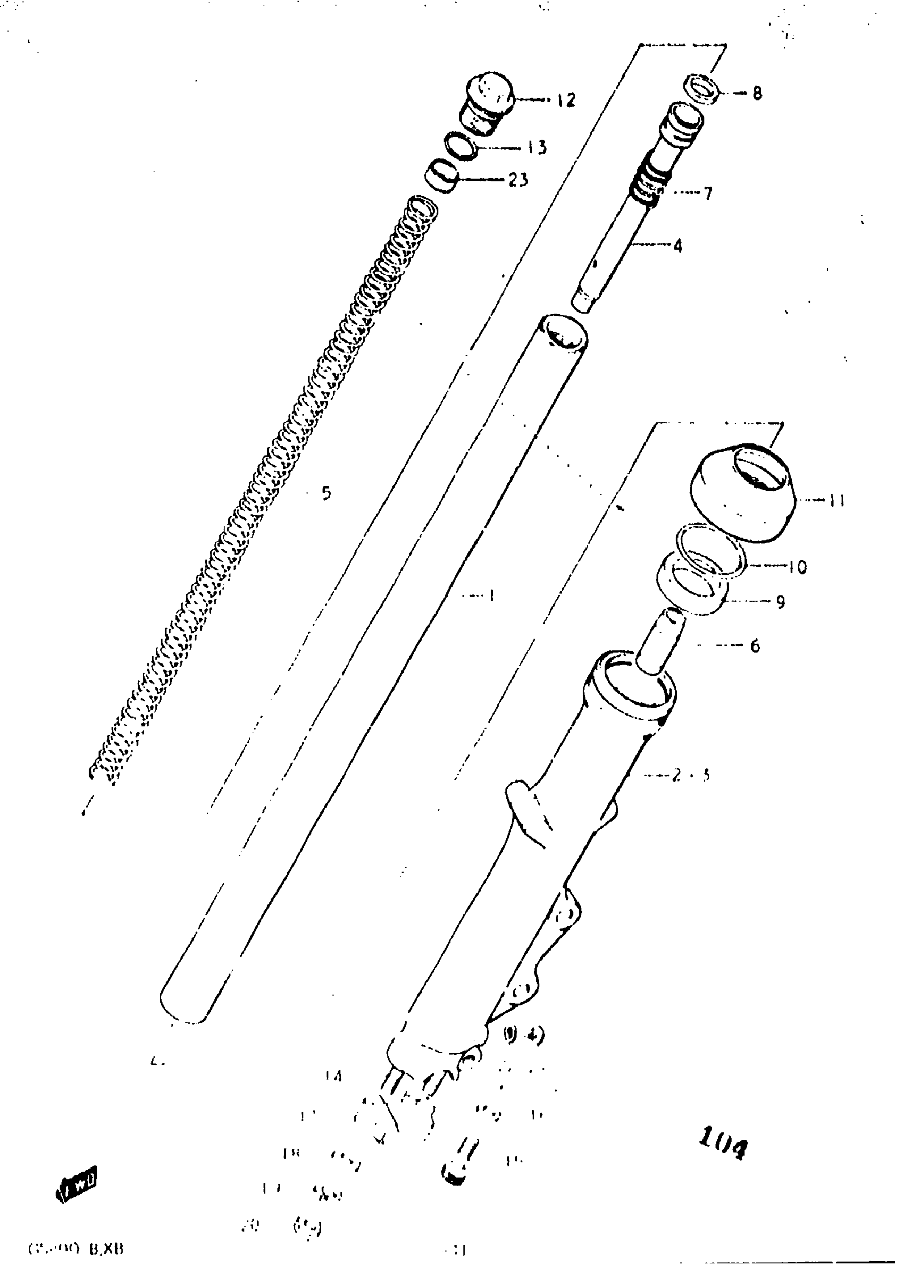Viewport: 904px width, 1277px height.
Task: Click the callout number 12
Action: click(566, 100)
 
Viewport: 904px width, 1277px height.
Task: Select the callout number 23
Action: click(518, 180)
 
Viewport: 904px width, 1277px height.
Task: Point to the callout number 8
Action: click(757, 94)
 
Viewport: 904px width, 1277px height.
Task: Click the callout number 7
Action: click(707, 194)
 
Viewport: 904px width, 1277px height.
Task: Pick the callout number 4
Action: click(677, 246)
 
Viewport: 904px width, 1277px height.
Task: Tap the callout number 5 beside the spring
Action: click(326, 492)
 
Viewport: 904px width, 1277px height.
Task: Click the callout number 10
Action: click(798, 567)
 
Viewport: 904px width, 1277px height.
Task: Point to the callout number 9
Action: click(781, 601)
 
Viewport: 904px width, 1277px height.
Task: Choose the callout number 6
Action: click(755, 646)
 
